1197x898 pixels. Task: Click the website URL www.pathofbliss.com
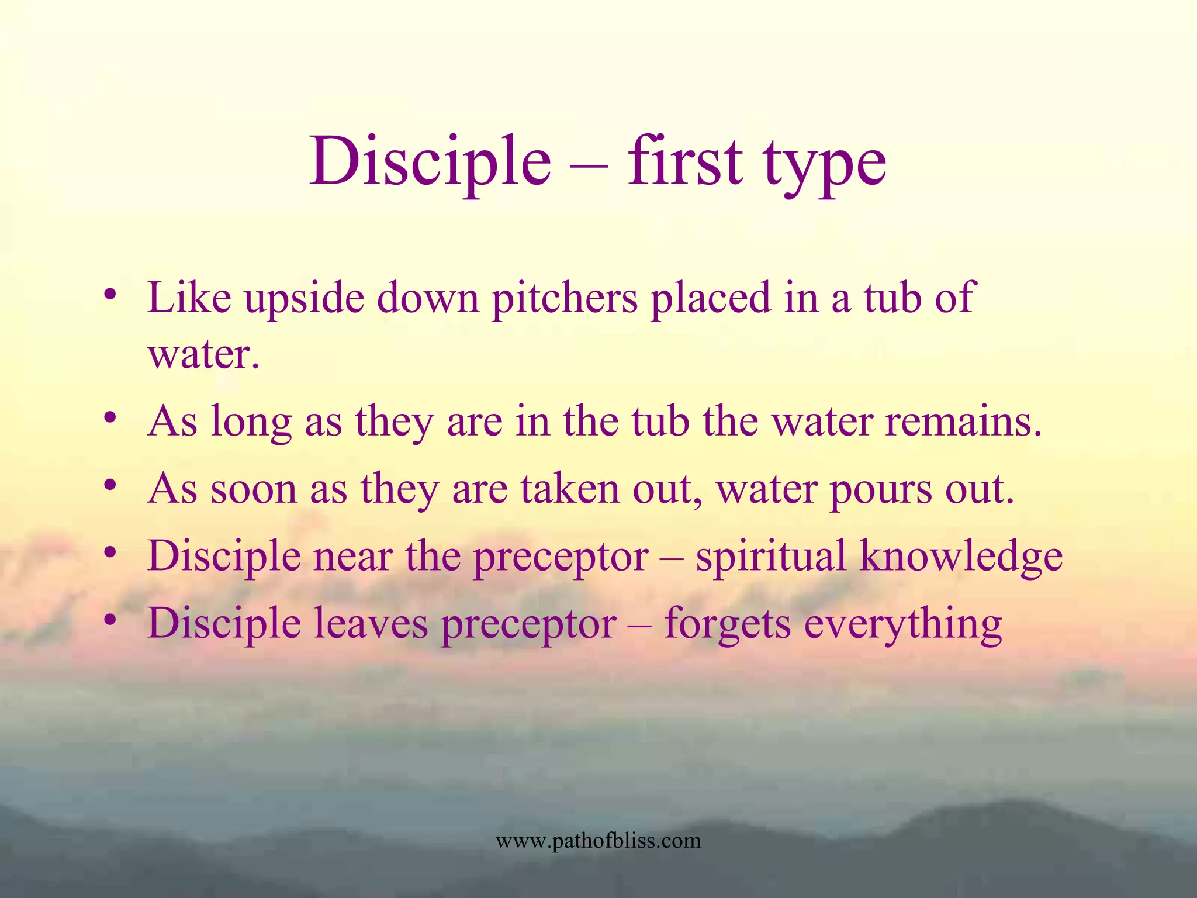pyautogui.click(x=598, y=841)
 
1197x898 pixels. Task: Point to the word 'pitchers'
pyautogui.click(x=565, y=299)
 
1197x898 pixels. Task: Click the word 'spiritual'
pyautogui.click(x=770, y=557)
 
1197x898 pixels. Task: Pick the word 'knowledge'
pyautogui.click(x=961, y=557)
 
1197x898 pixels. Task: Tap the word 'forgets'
pyautogui.click(x=727, y=625)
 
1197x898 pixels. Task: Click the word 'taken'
pyautogui.click(x=570, y=489)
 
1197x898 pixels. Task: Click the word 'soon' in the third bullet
pyautogui.click(x=254, y=490)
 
